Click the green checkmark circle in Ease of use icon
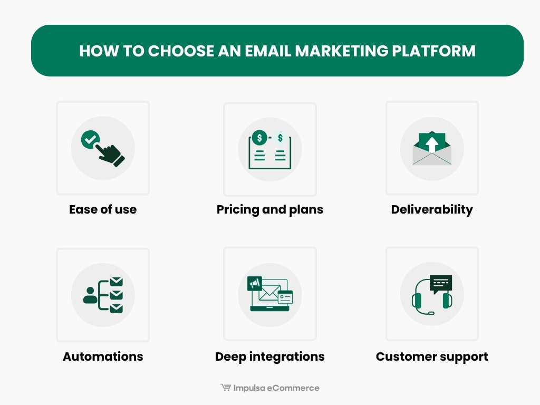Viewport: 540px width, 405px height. pos(90,140)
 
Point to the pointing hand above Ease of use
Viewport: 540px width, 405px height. pos(110,153)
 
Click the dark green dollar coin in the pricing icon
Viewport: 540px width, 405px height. pos(259,138)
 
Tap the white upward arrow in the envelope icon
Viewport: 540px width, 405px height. pos(432,143)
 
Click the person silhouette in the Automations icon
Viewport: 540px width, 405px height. pos(90,295)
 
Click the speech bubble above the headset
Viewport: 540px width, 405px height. pos(441,283)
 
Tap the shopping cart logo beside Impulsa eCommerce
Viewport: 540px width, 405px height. pos(225,388)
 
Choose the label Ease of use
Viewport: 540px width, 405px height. pos(103,209)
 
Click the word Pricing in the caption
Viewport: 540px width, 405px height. pos(238,209)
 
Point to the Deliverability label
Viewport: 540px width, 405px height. pos(432,209)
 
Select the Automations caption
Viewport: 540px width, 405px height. pos(103,356)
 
